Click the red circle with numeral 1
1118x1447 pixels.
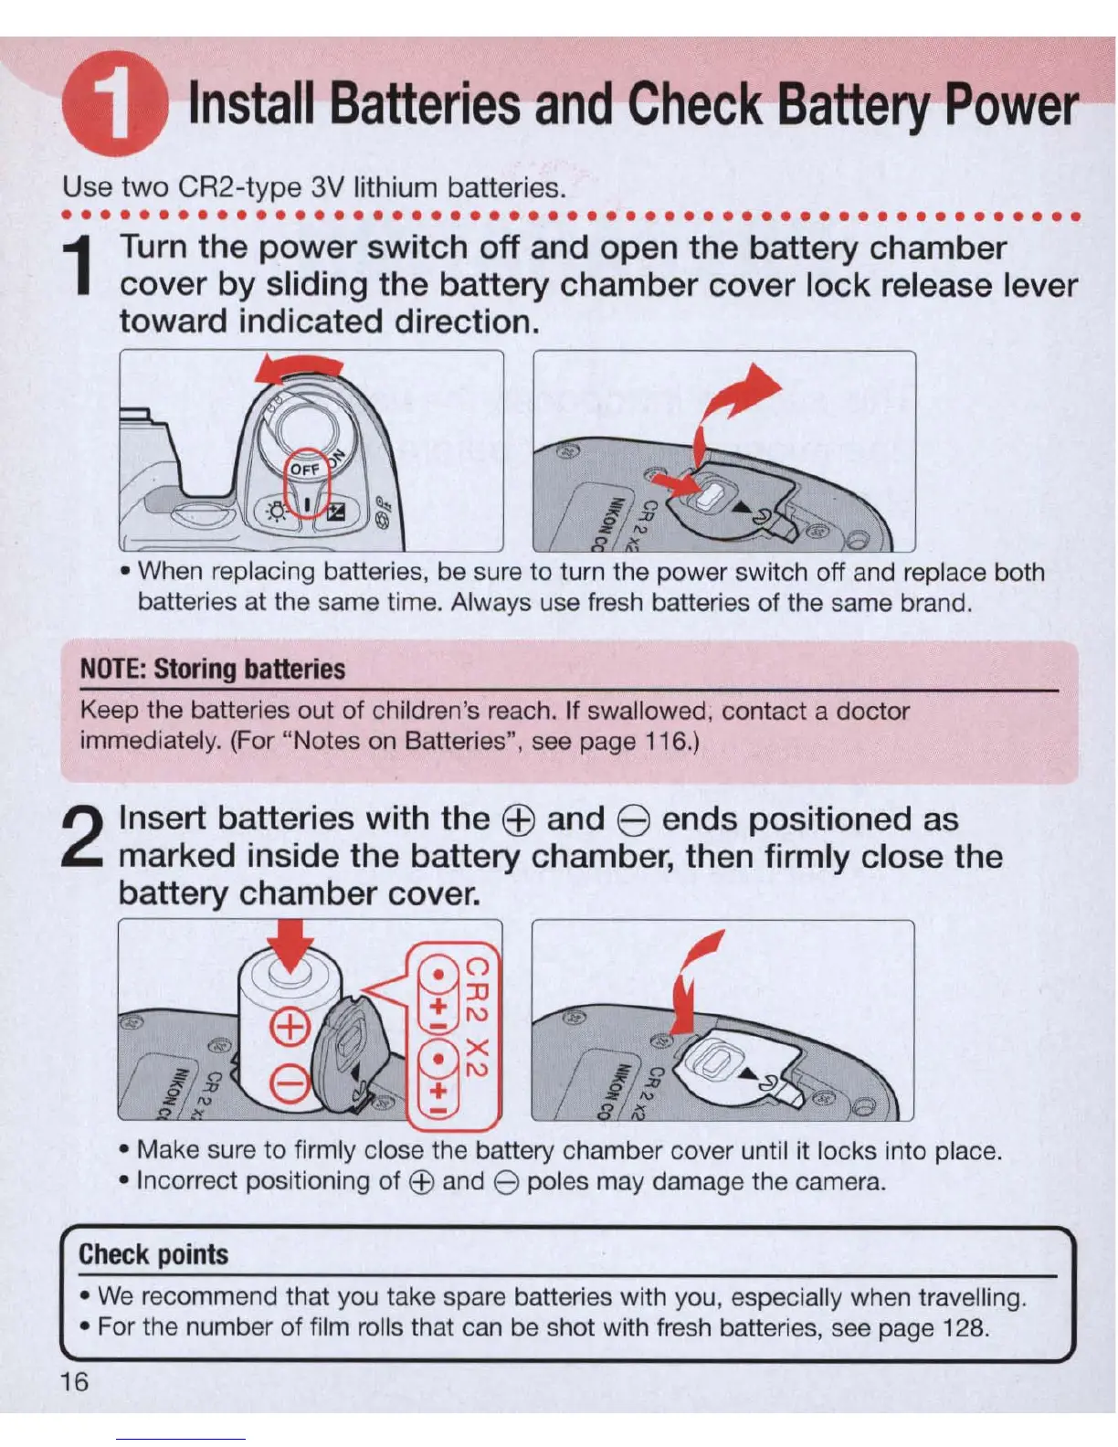(115, 103)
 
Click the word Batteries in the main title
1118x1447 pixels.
(425, 104)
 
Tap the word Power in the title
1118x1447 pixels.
(1011, 106)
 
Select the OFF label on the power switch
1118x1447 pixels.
(304, 470)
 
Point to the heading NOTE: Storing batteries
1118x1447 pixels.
(212, 669)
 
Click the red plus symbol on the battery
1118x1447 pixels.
(290, 1028)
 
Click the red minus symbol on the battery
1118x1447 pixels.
(290, 1086)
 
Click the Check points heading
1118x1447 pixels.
(153, 1254)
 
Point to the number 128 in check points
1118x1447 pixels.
(965, 1327)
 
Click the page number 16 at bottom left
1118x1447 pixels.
(75, 1381)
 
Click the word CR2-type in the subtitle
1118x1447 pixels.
(239, 187)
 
